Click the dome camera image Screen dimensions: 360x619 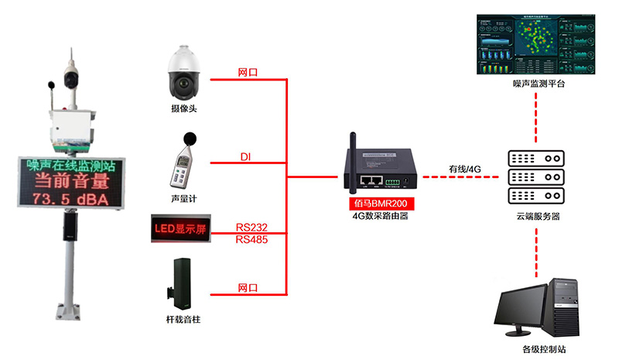[184, 72]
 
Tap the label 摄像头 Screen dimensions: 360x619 [184, 108]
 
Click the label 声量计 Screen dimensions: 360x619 [184, 199]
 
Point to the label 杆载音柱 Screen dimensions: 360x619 [184, 319]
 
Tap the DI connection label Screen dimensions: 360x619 [245, 158]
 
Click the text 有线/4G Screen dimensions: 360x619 [464, 168]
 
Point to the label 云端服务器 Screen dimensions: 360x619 [535, 218]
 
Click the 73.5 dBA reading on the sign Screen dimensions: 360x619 [70, 200]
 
